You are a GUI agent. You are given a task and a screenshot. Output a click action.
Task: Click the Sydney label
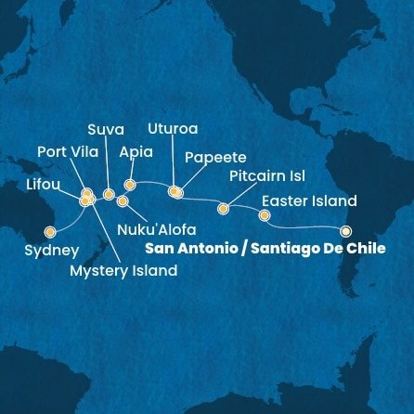click(52, 251)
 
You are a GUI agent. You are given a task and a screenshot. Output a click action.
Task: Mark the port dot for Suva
click(109, 195)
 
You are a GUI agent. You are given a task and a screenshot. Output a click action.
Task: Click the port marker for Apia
click(130, 185)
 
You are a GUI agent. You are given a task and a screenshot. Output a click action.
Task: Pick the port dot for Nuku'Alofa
click(123, 201)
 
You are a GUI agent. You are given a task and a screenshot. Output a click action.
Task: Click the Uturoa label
click(174, 128)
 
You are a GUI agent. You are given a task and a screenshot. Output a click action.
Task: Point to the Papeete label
click(215, 157)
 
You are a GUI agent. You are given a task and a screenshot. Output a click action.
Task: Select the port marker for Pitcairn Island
click(223, 209)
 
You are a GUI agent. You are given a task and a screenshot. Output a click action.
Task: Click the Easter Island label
click(309, 201)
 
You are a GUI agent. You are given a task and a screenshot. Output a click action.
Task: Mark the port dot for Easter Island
click(265, 215)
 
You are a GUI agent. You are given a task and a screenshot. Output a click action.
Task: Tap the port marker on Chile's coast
click(346, 231)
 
